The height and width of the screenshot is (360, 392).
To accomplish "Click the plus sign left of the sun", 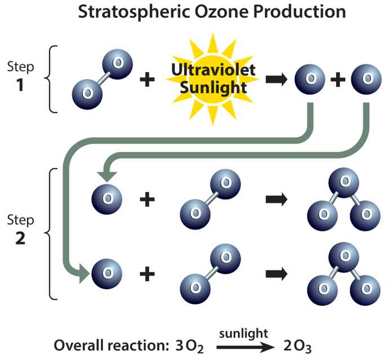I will point(147,80).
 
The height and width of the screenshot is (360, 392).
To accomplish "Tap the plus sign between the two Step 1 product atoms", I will point(338,80).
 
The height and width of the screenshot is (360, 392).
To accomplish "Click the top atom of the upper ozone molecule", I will point(344,182).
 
